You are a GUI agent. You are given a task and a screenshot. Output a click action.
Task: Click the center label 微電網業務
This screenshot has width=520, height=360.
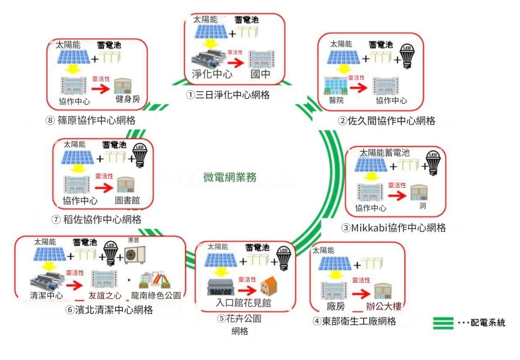tap(230, 177)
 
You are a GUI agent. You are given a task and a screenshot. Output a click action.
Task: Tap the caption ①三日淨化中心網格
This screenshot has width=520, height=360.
tap(228, 95)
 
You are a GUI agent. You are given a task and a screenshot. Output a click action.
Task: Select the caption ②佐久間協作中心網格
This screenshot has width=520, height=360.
tap(386, 121)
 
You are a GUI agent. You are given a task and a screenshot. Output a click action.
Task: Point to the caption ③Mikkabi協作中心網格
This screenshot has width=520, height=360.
tap(393, 228)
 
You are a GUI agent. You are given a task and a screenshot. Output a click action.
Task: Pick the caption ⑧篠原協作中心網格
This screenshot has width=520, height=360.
tap(90, 120)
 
